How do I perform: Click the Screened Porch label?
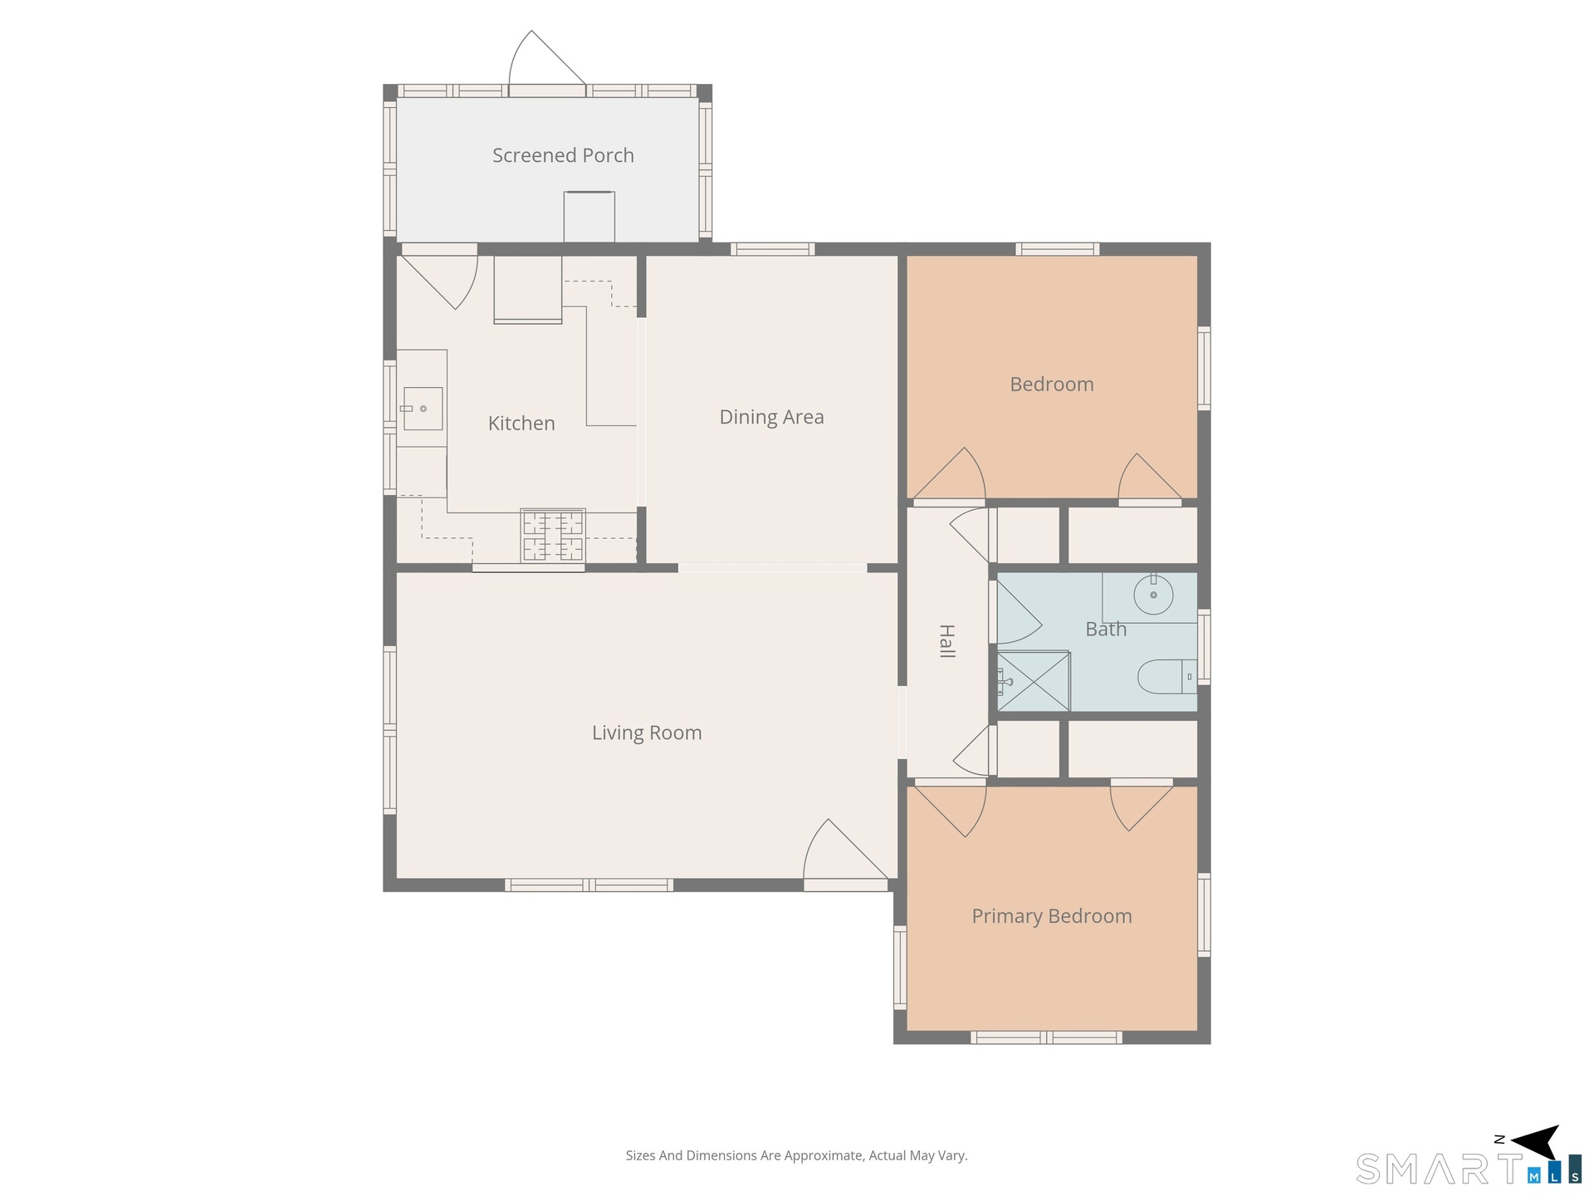563,155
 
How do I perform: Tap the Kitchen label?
521,424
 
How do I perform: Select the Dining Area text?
771,417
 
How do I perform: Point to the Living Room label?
647,733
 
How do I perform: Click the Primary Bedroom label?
1052,916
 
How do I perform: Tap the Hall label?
946,641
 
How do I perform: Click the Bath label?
1106,629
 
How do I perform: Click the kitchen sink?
423,409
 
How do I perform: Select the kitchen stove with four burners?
553,535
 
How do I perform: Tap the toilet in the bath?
1166,677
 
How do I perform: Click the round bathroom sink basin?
1153,595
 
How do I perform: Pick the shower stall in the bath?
1034,682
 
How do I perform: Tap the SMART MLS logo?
1469,1169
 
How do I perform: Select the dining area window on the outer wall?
772,249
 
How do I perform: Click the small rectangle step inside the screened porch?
589,217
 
